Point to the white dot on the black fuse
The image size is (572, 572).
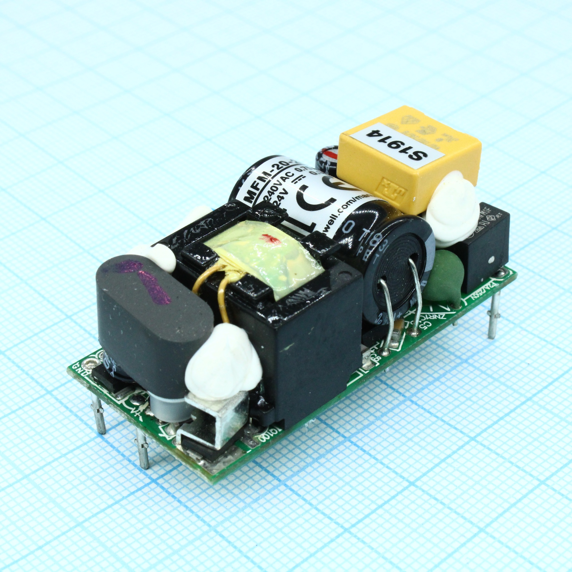pyautogui.click(x=491, y=260)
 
